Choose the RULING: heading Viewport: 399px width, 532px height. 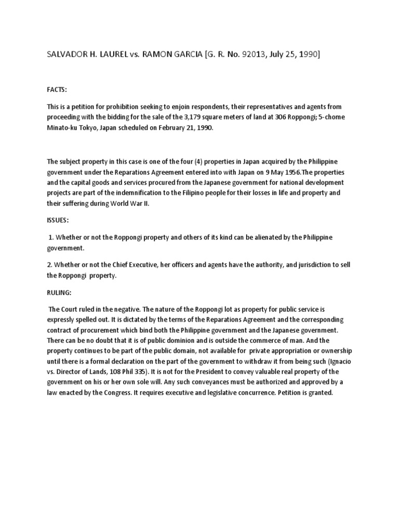coord(60,292)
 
